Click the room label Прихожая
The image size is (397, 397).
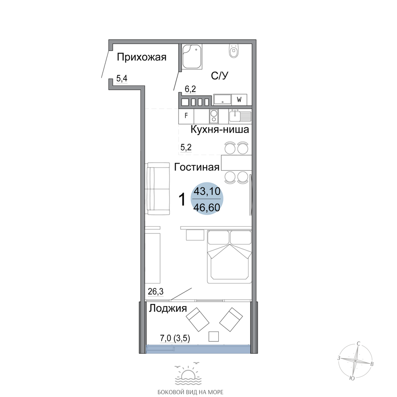(x=142, y=58)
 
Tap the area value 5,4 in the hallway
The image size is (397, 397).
(x=122, y=79)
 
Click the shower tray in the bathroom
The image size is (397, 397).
(x=192, y=56)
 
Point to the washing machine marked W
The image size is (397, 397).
(x=239, y=100)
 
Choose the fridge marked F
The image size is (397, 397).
(x=186, y=116)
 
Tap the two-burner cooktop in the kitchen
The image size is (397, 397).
(x=214, y=116)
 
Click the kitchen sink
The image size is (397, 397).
(x=240, y=116)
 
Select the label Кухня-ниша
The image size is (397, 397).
(x=220, y=130)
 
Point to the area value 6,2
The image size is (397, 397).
(x=191, y=89)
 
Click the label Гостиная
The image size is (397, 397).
(x=197, y=168)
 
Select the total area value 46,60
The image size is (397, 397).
(x=207, y=208)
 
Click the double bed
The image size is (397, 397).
(x=229, y=257)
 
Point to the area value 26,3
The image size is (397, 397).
(x=156, y=292)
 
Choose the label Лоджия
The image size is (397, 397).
(x=168, y=308)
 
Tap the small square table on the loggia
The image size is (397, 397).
(x=214, y=337)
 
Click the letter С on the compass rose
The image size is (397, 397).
(x=358, y=343)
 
